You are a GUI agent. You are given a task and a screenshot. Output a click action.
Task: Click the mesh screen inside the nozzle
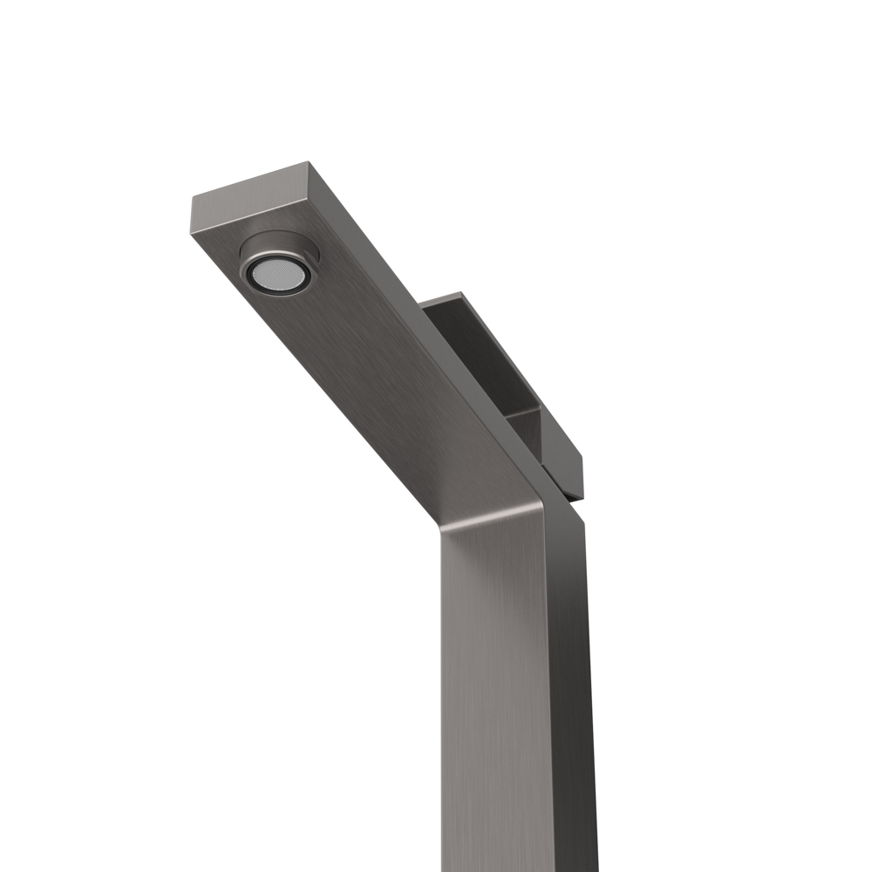click(x=276, y=275)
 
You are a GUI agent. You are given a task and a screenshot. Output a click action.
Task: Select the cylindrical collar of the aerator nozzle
click(x=279, y=246)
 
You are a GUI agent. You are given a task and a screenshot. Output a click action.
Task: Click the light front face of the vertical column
click(x=497, y=698)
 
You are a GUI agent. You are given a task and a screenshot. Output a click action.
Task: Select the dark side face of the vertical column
click(x=571, y=698)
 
